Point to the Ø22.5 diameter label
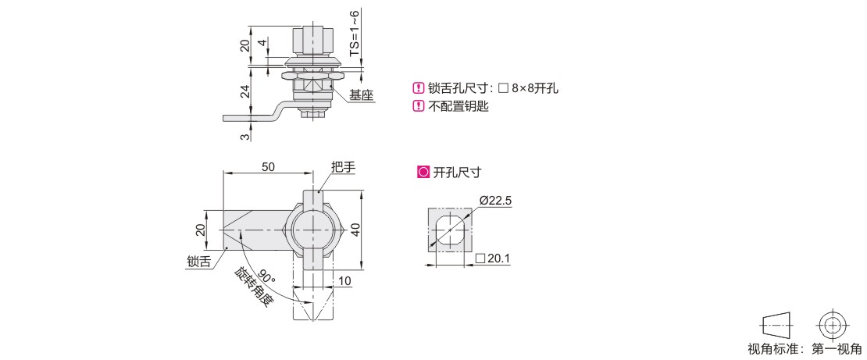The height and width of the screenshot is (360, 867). [x=495, y=201]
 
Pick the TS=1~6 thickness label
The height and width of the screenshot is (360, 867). [x=354, y=34]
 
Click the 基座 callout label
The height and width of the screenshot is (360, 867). [x=362, y=94]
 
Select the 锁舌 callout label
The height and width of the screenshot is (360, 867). [x=198, y=262]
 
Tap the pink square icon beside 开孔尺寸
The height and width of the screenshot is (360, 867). [x=423, y=172]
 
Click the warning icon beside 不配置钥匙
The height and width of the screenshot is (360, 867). [x=417, y=107]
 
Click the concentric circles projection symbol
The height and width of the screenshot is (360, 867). [x=833, y=323]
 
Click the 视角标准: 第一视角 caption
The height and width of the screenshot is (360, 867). [x=805, y=348]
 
